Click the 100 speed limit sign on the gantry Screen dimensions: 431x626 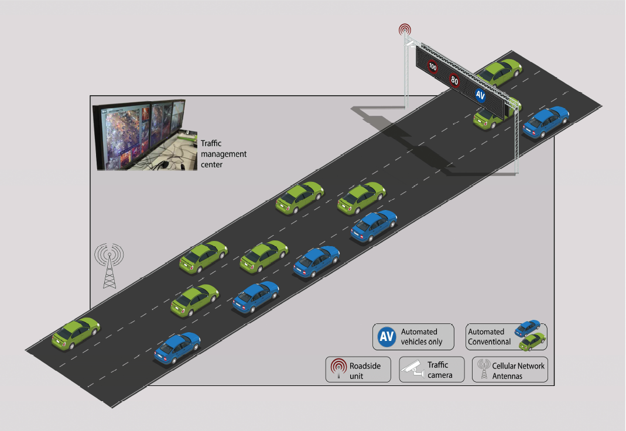point(433,67)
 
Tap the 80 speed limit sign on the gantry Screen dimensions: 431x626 point(455,81)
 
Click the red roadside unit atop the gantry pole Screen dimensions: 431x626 point(404,29)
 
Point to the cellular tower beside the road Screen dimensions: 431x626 point(110,266)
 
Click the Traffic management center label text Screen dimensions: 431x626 point(223,154)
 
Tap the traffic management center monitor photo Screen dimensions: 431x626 point(141,134)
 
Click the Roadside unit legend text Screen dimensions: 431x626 point(365,371)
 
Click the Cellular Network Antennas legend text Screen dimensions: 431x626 point(518,371)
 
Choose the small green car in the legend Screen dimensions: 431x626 point(532,339)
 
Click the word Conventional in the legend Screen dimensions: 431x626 point(490,342)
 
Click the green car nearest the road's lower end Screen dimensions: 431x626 point(76,333)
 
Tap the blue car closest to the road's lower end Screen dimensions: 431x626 point(177,347)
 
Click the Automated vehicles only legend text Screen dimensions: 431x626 point(422,337)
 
